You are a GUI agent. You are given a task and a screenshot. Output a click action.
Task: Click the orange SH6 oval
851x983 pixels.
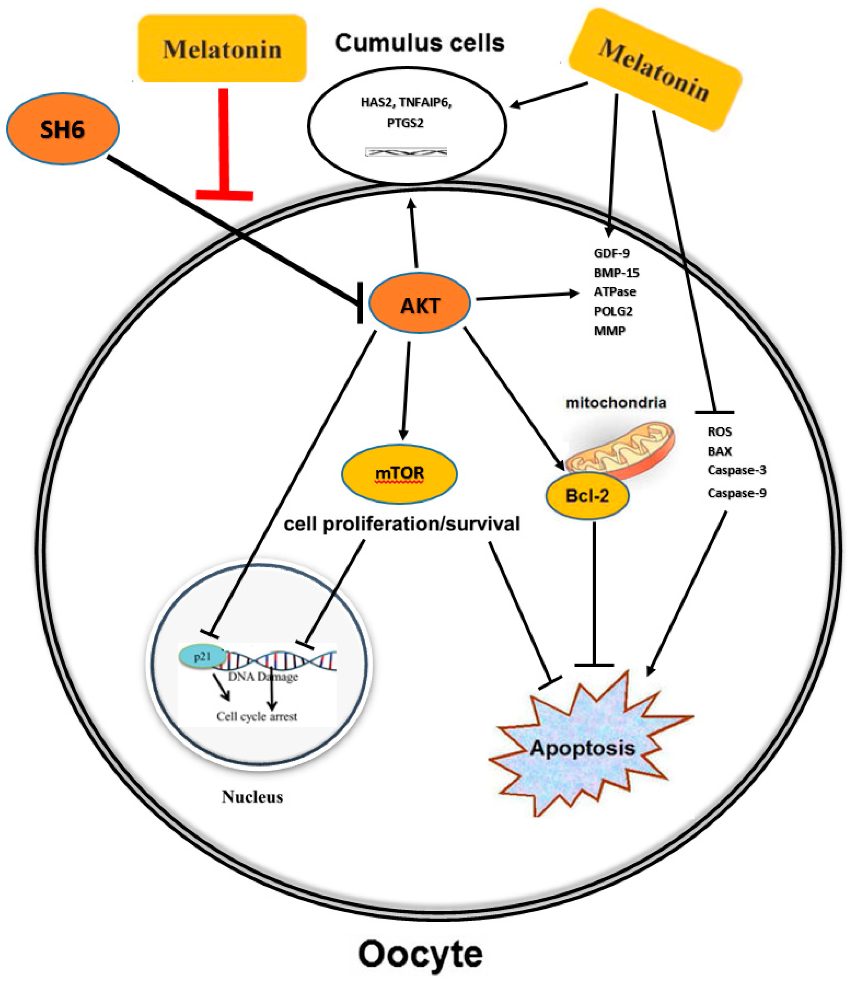point(63,129)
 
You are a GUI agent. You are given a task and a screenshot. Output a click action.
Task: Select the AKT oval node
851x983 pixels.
point(420,303)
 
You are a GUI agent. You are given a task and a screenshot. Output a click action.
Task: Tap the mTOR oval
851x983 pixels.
point(399,473)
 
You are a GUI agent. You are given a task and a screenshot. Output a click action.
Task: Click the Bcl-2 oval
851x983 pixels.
point(587,496)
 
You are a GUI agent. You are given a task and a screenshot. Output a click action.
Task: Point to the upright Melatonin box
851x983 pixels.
point(222,48)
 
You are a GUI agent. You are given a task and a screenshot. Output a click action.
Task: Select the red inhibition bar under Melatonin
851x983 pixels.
point(224,144)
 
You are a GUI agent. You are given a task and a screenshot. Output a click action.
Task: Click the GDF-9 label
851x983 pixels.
point(612,253)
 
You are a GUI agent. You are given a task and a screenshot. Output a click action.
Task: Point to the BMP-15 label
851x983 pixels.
point(616,273)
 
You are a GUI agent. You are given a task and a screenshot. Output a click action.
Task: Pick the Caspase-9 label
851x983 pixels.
point(737,493)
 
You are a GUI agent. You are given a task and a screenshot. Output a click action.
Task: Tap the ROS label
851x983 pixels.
point(719,432)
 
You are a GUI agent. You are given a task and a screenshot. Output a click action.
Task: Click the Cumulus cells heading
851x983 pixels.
point(419,43)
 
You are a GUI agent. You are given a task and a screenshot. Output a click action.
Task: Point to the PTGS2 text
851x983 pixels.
point(405,123)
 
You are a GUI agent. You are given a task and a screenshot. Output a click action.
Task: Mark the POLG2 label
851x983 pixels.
point(613,311)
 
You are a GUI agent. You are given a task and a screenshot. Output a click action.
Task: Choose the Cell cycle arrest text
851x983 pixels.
point(257,716)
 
